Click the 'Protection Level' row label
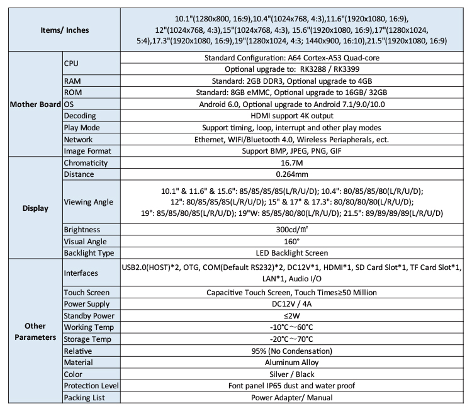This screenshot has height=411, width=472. coord(92,385)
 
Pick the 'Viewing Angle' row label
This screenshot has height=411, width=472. coord(89,202)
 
